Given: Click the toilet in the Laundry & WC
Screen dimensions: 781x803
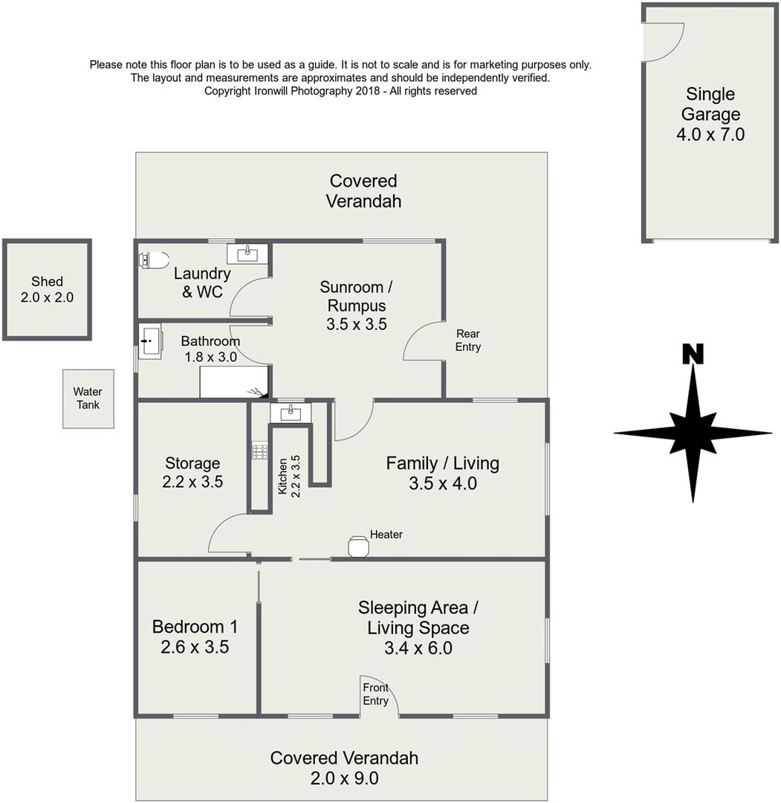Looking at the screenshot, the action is click(154, 260).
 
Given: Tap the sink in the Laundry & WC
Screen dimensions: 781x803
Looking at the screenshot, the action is click(247, 254).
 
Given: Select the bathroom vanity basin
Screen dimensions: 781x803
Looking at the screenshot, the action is click(150, 341).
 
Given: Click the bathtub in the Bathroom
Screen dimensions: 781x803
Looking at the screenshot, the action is click(234, 381).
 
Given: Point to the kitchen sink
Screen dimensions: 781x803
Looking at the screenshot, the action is click(291, 413).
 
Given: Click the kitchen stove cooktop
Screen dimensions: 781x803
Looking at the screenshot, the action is click(260, 451).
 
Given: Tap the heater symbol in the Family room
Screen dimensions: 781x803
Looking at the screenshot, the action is click(358, 546).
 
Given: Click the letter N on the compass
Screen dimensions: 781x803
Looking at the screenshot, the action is click(693, 354).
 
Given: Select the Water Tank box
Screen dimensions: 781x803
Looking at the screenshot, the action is click(88, 399).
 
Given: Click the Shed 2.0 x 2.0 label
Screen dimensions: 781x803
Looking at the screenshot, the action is click(47, 289).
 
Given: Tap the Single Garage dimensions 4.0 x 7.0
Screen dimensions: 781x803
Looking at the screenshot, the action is click(710, 134).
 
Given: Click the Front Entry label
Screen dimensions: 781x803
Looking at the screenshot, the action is click(376, 694).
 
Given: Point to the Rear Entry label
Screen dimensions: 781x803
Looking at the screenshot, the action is click(467, 340).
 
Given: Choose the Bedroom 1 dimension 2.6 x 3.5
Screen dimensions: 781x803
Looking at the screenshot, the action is click(195, 647).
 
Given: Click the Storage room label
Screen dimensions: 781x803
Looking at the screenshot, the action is click(192, 463).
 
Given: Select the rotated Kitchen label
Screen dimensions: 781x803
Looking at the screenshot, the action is click(282, 477).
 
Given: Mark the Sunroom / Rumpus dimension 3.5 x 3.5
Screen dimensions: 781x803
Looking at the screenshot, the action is click(357, 324).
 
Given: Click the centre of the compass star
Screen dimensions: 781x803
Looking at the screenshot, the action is click(693, 433).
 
